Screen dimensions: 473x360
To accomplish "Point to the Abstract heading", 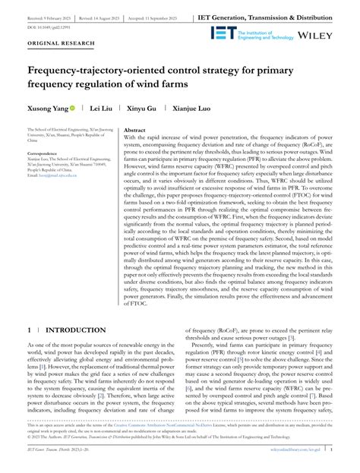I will pyautogui.click(x=134, y=131).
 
